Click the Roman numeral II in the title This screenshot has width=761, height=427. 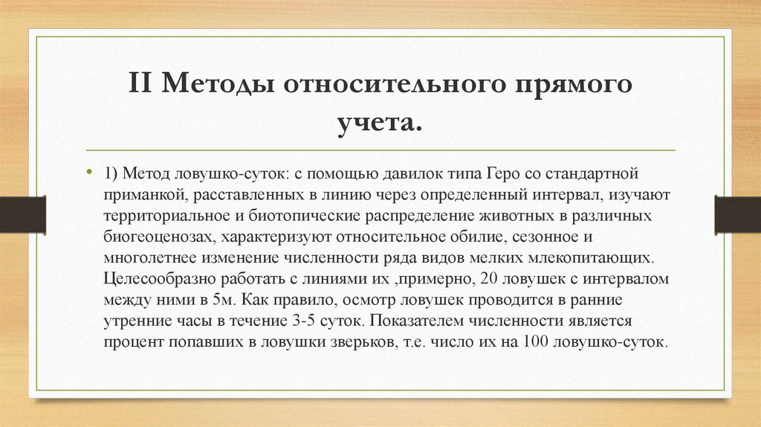(142, 83)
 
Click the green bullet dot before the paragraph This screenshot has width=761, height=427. (90, 170)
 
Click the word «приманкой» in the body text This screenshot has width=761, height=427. (140, 195)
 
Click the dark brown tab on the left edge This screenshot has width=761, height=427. (22, 213)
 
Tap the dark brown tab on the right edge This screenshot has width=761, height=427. (737, 213)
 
